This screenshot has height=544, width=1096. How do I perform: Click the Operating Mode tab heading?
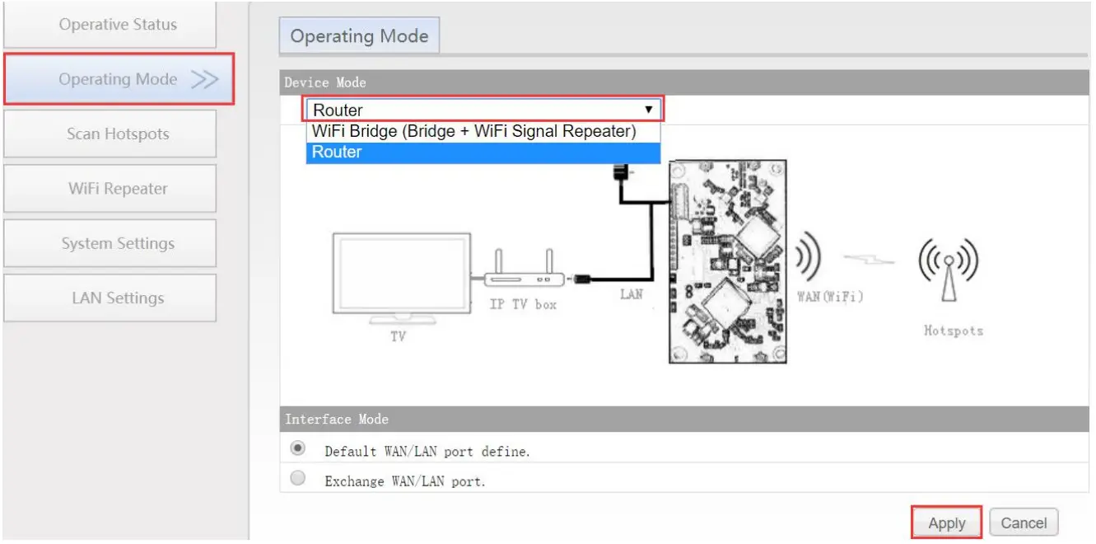pos(359,36)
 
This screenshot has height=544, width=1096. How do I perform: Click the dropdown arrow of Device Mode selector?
pos(649,110)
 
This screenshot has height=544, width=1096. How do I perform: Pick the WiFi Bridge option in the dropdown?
pos(474,132)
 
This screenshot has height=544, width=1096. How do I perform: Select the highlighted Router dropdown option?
pos(338,152)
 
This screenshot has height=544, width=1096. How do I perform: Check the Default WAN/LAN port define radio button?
pos(298,449)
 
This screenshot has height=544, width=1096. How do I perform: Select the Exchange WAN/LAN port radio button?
pos(298,478)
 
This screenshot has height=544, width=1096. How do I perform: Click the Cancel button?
pos(1024,523)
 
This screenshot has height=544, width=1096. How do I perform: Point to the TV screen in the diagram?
pos(401,275)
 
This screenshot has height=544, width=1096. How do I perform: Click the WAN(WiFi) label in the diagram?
pos(830,297)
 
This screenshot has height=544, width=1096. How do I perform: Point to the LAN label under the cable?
pos(632,294)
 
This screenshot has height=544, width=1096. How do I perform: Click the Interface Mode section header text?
pos(337,420)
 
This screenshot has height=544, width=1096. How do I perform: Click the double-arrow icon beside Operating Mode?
pos(204,80)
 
